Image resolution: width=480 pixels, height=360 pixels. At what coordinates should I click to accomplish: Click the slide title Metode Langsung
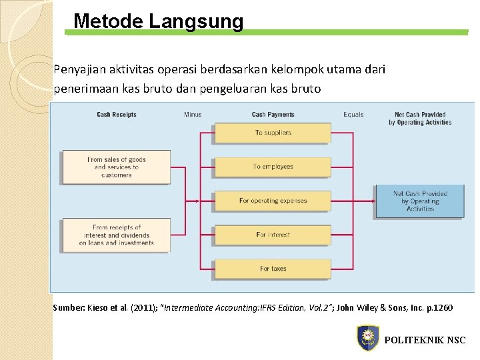(x=159, y=21)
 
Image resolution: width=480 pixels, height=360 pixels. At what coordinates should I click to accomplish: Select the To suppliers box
(x=273, y=133)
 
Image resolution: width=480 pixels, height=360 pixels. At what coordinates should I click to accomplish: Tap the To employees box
(x=273, y=167)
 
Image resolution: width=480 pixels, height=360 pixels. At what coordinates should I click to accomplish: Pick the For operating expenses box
(x=273, y=201)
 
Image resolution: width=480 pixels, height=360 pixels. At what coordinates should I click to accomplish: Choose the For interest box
(x=273, y=235)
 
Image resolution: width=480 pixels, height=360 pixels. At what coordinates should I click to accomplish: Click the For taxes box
(x=273, y=269)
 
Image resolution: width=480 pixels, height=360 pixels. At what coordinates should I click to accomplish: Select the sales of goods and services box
(x=116, y=167)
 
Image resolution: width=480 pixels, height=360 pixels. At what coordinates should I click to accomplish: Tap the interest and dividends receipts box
(x=116, y=235)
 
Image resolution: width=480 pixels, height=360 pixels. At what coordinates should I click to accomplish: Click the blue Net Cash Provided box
(x=420, y=201)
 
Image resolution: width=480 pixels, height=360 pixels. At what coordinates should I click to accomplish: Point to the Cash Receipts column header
(x=117, y=115)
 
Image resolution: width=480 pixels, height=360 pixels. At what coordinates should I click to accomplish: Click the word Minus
(x=193, y=115)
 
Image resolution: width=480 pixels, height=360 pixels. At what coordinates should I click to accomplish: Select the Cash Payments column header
(x=273, y=115)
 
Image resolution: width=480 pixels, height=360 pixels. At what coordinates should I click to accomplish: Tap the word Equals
(x=353, y=115)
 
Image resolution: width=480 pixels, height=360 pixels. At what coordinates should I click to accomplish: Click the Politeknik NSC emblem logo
(x=367, y=338)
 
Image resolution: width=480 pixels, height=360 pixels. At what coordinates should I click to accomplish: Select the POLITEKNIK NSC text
(x=425, y=340)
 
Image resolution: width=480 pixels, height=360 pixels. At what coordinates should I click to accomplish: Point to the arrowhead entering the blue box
(x=372, y=201)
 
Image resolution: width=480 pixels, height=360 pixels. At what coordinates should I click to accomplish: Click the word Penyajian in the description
(x=77, y=69)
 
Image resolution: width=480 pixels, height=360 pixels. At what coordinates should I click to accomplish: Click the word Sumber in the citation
(x=69, y=308)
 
